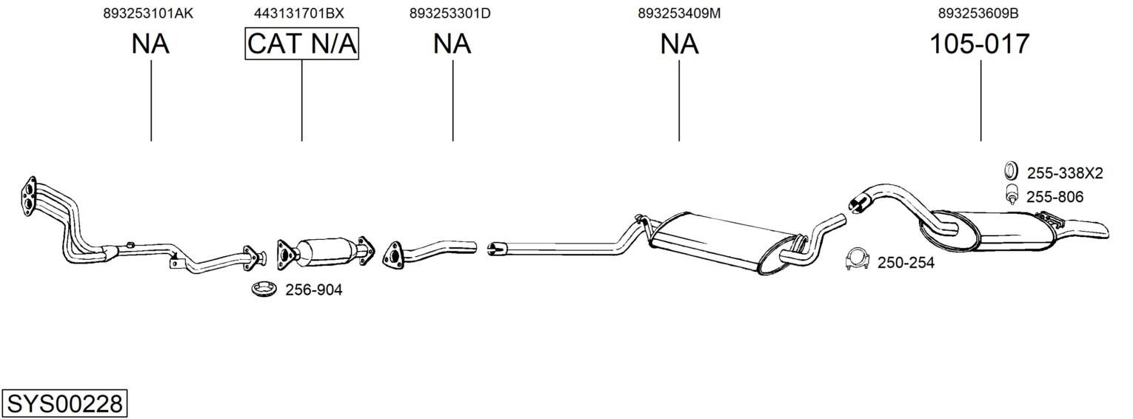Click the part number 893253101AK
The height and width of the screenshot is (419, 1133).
(x=148, y=13)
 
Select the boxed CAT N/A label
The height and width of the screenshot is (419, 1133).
(x=301, y=44)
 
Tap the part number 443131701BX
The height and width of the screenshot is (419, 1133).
(x=298, y=13)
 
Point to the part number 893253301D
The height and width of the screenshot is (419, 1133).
(x=449, y=13)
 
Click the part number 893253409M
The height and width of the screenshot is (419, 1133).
(x=678, y=13)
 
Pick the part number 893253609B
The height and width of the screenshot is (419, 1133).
(x=977, y=13)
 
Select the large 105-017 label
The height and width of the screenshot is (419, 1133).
(x=979, y=44)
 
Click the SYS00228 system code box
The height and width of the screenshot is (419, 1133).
(x=64, y=404)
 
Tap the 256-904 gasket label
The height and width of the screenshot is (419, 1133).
(x=313, y=290)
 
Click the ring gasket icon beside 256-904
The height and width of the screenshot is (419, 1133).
(x=263, y=289)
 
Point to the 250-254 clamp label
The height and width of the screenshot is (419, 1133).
(x=905, y=263)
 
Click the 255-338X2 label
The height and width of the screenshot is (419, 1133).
(x=1064, y=173)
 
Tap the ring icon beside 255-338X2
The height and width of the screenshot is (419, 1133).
(x=1011, y=171)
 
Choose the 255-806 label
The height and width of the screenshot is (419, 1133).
(x=1055, y=197)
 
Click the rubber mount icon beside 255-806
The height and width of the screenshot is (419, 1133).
(x=1012, y=195)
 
